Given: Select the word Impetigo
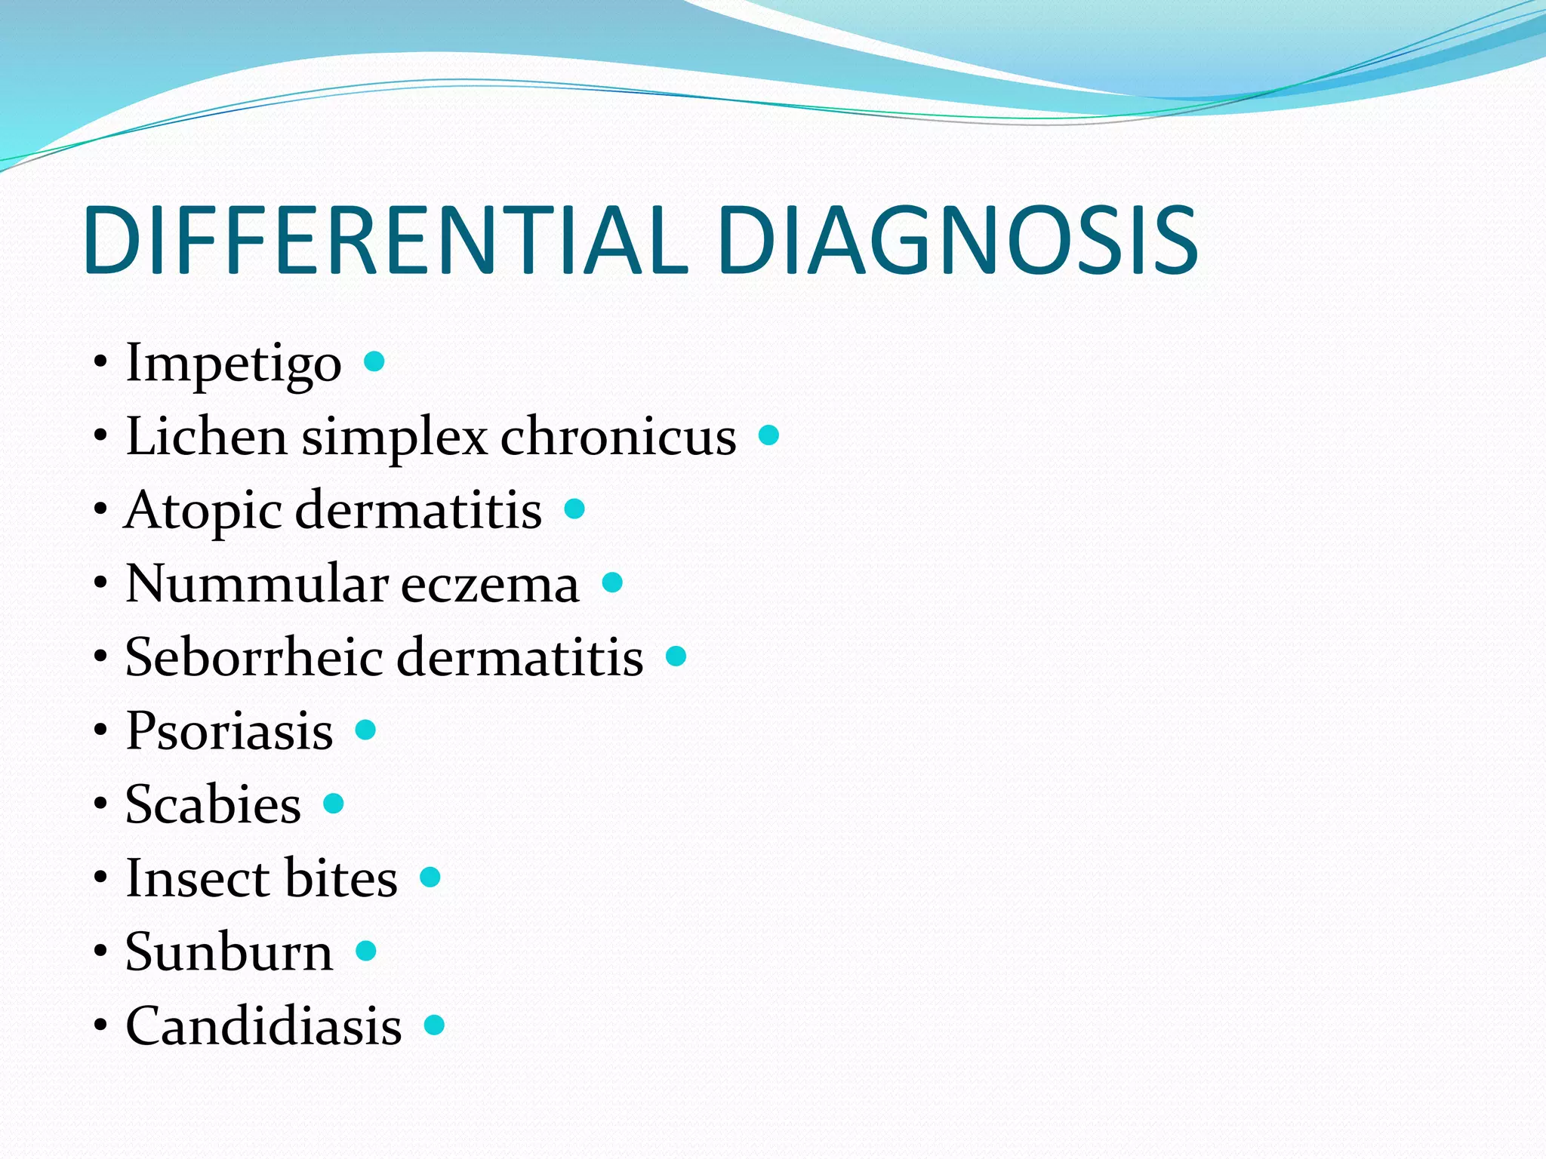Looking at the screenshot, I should pos(233,364).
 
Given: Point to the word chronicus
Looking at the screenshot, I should pos(618,437).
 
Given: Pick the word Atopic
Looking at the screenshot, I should pos(202,512).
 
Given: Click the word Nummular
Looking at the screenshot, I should pos(256,583).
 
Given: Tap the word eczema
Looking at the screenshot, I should pos(490,585).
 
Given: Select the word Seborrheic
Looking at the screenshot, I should pos(253,656).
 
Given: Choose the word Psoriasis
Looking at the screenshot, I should pos(229,730).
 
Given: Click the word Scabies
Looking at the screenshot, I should pos(213,804).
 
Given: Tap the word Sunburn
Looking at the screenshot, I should pos(229,951).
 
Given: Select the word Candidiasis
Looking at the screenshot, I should pos(263,1025).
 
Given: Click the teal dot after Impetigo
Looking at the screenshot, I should pos(374,361).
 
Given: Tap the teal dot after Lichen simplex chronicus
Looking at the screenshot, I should pos(768,435).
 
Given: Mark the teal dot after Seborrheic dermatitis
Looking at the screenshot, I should pos(676,656).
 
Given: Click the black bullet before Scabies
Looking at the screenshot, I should pos(100,804).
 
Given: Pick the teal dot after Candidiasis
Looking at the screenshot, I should pos(434,1025).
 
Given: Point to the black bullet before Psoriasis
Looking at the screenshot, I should pos(100,730).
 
